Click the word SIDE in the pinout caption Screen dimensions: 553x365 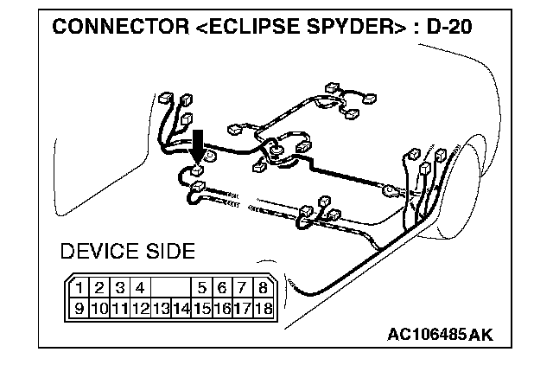168,253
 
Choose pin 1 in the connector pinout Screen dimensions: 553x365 79,288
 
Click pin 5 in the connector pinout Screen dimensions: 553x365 202,288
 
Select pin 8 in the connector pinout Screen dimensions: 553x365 263,288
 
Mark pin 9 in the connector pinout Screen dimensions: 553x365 79,306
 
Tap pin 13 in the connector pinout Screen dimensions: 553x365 161,306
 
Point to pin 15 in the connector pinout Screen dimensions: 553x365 202,306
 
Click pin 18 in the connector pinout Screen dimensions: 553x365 263,306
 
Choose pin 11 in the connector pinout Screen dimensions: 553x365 120,306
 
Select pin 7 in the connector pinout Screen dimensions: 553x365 243,288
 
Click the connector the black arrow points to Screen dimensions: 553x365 199,170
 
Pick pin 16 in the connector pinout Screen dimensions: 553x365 222,306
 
